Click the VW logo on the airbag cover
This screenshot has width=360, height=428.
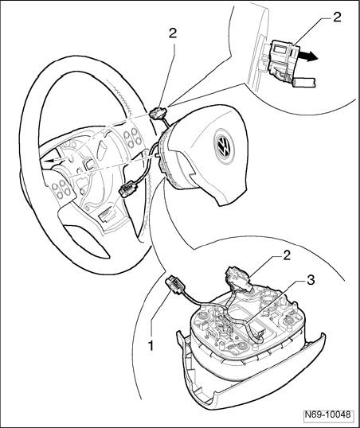click(224, 146)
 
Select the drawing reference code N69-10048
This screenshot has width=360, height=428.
click(327, 414)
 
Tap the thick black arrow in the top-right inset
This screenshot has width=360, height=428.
click(308, 57)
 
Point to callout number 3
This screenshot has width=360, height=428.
click(311, 280)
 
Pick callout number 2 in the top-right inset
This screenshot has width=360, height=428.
click(337, 18)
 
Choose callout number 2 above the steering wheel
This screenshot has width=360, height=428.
click(173, 33)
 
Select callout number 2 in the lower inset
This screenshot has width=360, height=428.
click(287, 256)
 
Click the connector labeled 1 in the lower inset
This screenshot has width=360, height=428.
click(174, 286)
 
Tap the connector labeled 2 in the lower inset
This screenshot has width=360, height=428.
click(239, 278)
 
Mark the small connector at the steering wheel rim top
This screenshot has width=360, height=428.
click(158, 113)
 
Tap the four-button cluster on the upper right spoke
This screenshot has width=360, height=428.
click(132, 138)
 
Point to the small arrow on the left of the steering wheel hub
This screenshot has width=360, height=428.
click(53, 160)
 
